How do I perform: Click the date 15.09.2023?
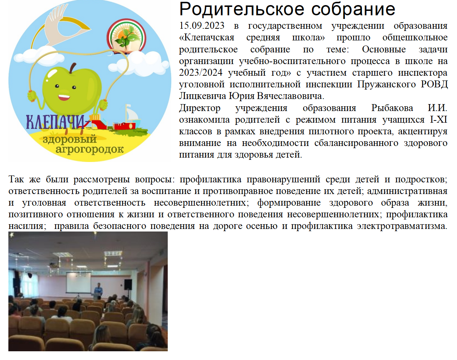pos(202,26)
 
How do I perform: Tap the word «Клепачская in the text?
pos(206,37)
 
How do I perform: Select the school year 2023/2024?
pos(200,73)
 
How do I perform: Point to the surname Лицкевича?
pos(203,96)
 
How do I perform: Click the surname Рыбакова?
pos(392,108)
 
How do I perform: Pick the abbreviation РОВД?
pos(434,84)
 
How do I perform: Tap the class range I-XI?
pos(438,120)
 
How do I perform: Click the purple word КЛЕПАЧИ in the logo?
pos(56,122)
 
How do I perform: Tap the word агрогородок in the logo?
pos(90,149)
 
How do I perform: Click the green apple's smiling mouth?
pos(64,97)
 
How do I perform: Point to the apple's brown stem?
pos(73,68)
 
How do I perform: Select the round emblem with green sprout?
pos(127,36)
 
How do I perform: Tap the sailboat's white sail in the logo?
pos(131,114)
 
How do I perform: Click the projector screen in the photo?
pos(79,283)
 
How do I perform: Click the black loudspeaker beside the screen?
pos(128,285)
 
